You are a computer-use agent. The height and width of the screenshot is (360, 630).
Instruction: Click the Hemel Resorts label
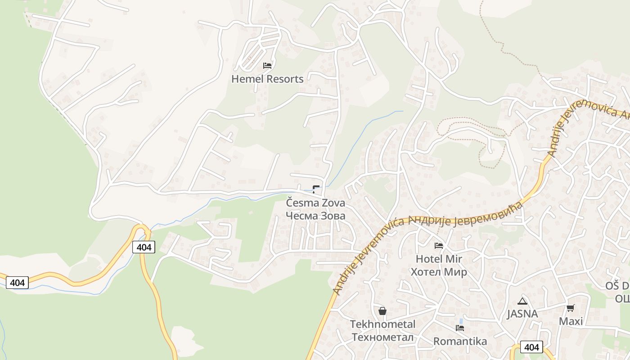click(x=267, y=79)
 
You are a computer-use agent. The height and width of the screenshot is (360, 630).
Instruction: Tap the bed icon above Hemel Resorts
click(x=267, y=66)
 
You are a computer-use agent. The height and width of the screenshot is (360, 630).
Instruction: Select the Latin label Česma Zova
click(x=316, y=203)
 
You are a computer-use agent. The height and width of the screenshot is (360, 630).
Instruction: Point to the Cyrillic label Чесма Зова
click(x=316, y=216)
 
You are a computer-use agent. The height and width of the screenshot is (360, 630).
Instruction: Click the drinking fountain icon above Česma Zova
click(x=316, y=189)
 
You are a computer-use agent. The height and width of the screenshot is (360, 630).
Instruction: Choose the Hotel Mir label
click(x=439, y=259)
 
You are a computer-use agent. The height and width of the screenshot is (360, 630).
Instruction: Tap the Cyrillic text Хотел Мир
click(x=439, y=272)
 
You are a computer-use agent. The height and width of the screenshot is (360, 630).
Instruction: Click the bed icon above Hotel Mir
click(x=439, y=246)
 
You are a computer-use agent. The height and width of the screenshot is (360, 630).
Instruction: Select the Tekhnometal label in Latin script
click(x=383, y=324)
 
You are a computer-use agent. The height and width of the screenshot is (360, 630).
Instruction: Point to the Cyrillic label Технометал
click(x=383, y=337)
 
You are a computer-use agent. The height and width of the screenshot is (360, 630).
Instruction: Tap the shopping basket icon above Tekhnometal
click(x=382, y=311)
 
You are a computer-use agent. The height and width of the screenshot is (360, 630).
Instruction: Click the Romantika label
click(x=460, y=341)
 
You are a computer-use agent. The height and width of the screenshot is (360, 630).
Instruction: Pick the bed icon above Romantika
click(x=460, y=328)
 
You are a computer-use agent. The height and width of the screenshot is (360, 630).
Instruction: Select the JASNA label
click(x=522, y=314)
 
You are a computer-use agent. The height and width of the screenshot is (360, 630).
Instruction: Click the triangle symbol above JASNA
click(x=522, y=301)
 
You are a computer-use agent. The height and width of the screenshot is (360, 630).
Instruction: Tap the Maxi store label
click(x=571, y=321)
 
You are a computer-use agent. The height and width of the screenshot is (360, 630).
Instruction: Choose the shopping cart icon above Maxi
click(x=571, y=308)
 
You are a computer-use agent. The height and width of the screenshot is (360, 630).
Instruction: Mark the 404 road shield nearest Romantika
click(x=531, y=347)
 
